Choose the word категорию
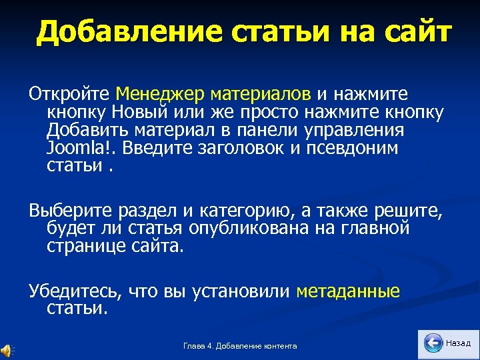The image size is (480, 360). point(245,211)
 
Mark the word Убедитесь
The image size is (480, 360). point(71,291)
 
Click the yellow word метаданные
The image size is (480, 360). point(348,291)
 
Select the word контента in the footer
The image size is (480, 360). point(280,346)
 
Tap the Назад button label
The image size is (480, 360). point(458,343)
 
